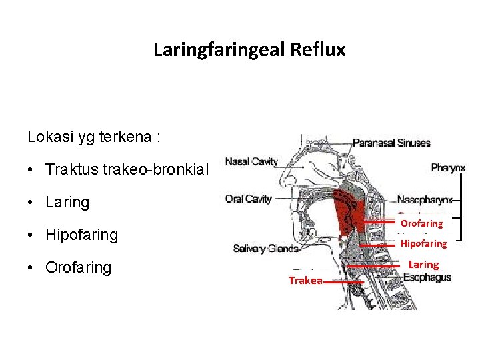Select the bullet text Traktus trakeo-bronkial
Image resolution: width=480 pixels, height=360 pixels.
[127, 169]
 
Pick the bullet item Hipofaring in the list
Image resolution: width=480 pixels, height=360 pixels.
[81, 235]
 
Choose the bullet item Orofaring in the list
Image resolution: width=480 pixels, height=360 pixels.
[78, 267]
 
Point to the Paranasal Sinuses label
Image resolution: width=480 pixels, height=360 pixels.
[391, 143]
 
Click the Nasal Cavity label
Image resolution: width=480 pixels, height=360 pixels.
[251, 162]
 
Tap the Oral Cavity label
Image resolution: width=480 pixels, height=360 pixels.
[249, 199]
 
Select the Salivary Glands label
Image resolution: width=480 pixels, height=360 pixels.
[265, 249]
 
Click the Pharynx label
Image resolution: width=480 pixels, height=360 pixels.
[448, 168]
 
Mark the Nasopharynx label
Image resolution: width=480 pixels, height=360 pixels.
[425, 199]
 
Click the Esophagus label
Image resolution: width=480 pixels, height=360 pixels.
[427, 277]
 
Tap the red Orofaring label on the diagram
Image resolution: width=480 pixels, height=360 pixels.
[421, 223]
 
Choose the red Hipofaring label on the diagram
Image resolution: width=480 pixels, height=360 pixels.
[423, 243]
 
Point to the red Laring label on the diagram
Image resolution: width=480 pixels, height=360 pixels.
[423, 265]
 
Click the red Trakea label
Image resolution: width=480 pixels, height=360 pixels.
[305, 281]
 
